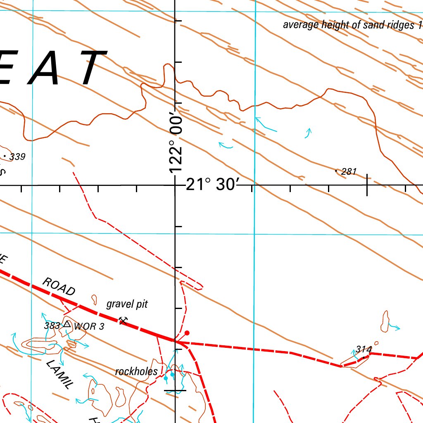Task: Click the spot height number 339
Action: (x=18, y=157)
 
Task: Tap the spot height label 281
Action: (x=349, y=172)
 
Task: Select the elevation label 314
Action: (x=364, y=349)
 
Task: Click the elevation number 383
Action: (x=52, y=326)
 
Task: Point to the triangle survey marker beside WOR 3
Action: (x=67, y=325)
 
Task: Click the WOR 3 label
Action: (x=89, y=327)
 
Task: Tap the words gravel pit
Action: (x=127, y=304)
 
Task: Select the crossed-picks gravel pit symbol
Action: (x=122, y=320)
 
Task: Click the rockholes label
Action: (x=136, y=371)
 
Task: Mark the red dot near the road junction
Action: (x=187, y=333)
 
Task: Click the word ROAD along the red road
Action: (x=59, y=287)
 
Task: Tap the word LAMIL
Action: (x=59, y=374)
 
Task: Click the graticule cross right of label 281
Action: (x=367, y=185)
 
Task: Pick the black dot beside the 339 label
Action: (x=5, y=156)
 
